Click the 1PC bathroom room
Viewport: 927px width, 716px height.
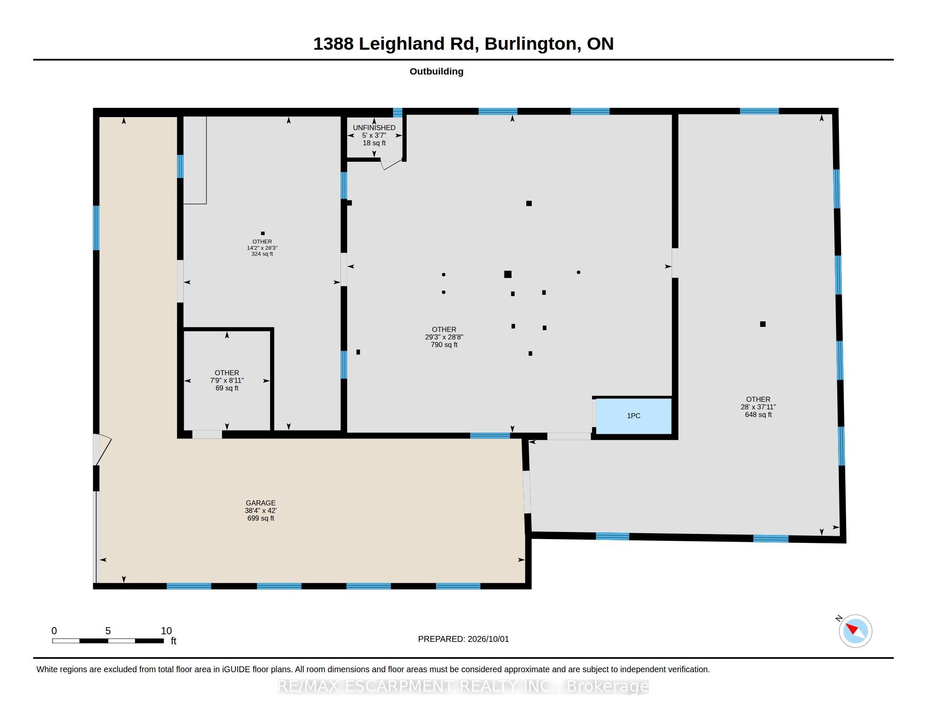(x=633, y=416)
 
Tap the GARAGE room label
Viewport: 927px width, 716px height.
(x=260, y=502)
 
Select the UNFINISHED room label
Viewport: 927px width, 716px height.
(x=374, y=128)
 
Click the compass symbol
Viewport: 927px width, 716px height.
(x=855, y=631)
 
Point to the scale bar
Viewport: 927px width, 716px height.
(x=108, y=641)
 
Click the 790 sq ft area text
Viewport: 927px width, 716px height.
(x=444, y=345)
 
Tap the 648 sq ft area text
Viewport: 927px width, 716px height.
(x=758, y=415)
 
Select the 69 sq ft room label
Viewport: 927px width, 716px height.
(x=227, y=388)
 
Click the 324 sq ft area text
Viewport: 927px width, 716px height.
(x=263, y=254)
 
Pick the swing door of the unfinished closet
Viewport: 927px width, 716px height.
(x=391, y=163)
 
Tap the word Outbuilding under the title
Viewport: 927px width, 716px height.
(x=437, y=71)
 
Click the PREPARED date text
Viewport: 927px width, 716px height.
(x=463, y=639)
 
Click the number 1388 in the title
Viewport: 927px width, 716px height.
(x=333, y=44)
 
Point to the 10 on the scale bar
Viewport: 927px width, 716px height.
(x=166, y=631)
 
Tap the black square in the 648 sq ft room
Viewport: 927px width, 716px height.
(x=763, y=324)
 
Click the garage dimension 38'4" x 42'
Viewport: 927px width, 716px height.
(x=260, y=511)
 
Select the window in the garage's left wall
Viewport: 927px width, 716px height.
(x=96, y=228)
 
